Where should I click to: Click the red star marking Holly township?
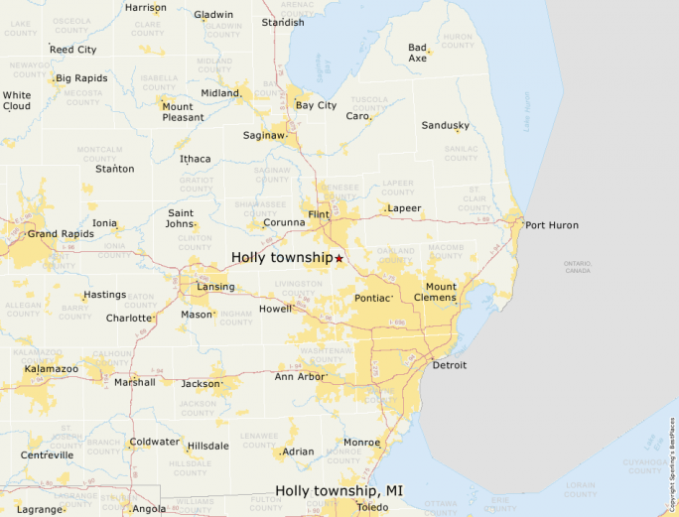(x=339, y=258)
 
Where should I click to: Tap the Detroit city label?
(x=450, y=365)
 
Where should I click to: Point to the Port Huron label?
(x=551, y=225)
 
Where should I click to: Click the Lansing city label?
(x=215, y=287)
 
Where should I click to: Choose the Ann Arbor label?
(x=299, y=376)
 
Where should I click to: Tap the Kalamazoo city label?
(x=52, y=369)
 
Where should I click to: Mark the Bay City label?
(x=316, y=105)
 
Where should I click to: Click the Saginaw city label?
(x=263, y=135)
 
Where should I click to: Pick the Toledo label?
(x=373, y=507)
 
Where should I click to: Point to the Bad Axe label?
(x=418, y=53)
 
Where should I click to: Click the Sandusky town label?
(x=445, y=125)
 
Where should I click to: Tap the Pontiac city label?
(x=373, y=298)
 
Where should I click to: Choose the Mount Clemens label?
(x=435, y=293)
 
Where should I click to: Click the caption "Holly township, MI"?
(x=339, y=490)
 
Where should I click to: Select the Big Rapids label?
(x=82, y=77)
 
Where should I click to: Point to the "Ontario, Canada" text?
(x=578, y=267)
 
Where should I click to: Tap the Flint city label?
(x=319, y=214)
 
